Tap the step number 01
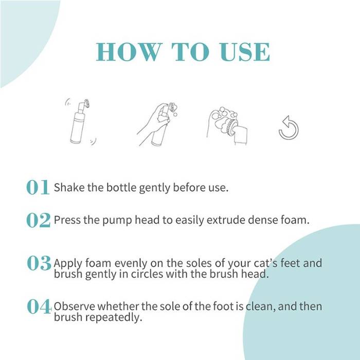38,187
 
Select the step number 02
38,220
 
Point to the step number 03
39,263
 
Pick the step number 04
39,307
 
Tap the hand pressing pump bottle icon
156,123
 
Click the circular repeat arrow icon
289,128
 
